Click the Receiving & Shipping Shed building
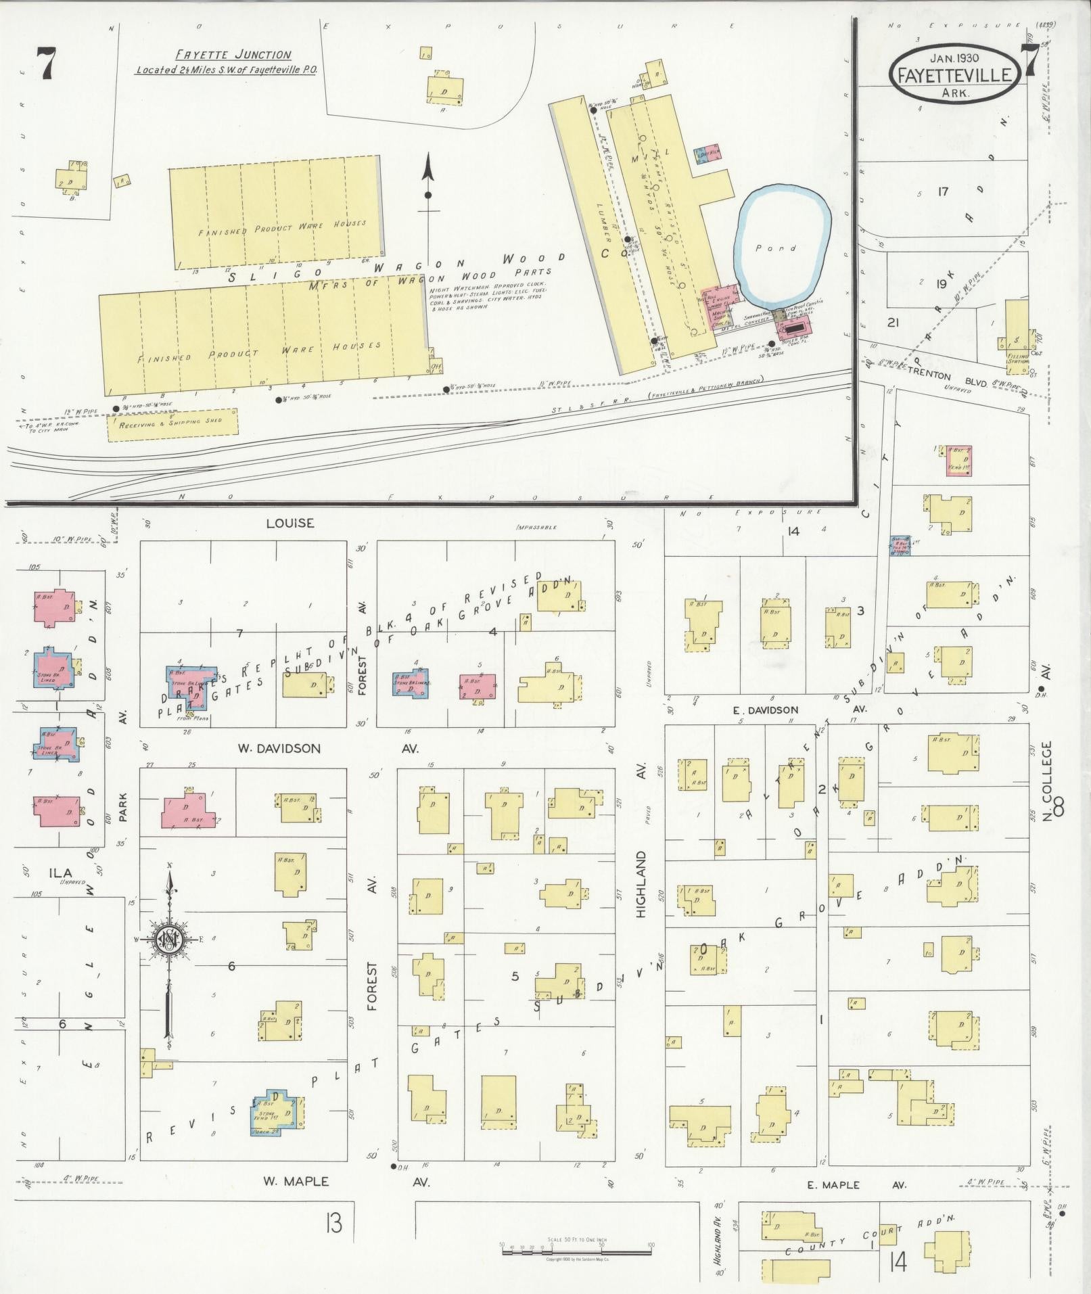tap(172, 425)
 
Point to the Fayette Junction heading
tap(233, 55)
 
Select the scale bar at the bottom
tap(576, 1249)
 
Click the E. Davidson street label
tap(766, 710)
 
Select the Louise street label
tap(290, 523)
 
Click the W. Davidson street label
tap(278, 749)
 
